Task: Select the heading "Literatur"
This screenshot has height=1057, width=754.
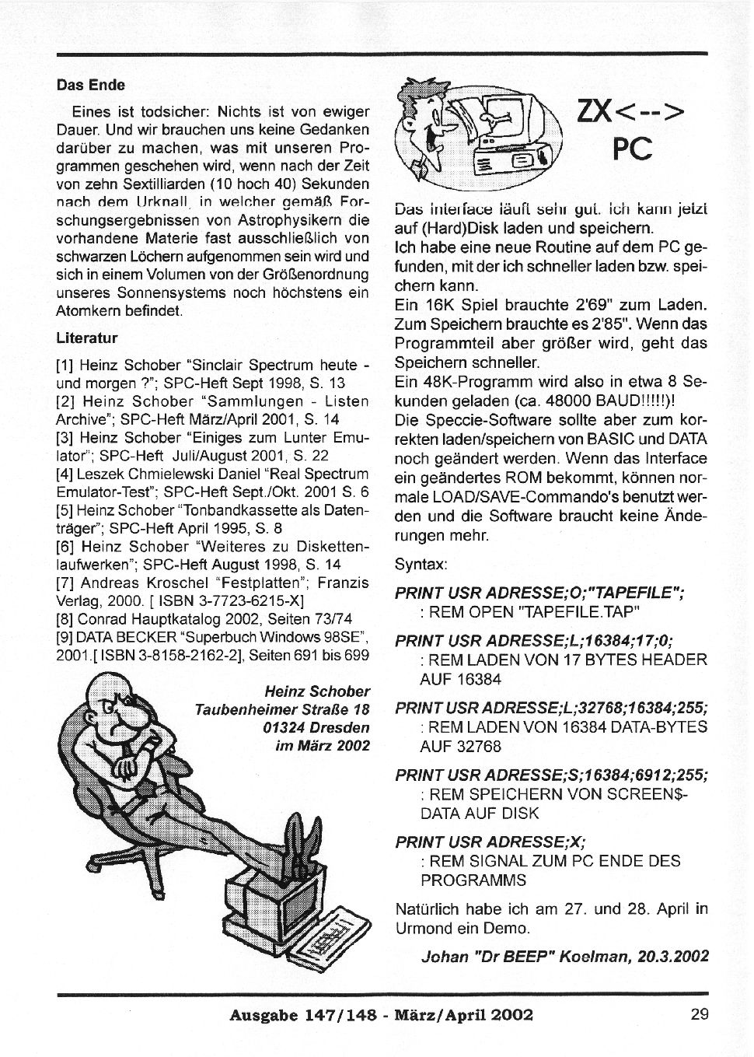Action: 86,338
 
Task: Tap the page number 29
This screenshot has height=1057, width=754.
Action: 697,1013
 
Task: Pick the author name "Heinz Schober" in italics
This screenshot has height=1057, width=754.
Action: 316,691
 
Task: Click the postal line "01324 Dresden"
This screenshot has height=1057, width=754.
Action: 316,728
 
